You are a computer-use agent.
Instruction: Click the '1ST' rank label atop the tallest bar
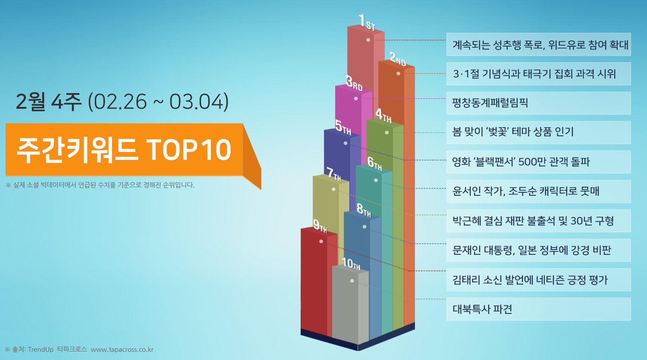tap(367, 22)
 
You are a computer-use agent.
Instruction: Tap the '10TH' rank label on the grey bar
tap(351, 263)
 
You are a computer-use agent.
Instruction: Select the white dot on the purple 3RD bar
tap(356, 98)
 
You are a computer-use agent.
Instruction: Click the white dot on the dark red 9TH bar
tap(321, 241)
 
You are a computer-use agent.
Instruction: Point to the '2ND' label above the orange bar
tap(398, 59)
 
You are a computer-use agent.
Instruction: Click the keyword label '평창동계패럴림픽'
tap(490, 103)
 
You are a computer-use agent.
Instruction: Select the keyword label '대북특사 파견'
tap(482, 309)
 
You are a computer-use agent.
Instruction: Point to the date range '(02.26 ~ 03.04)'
tap(158, 102)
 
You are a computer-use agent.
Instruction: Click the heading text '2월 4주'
tap(48, 102)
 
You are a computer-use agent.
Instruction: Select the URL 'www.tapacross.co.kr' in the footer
tap(122, 350)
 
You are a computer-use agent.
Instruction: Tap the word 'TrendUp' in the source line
tap(41, 350)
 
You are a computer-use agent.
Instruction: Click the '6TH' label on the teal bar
tap(375, 164)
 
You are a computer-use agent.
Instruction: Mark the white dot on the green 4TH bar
tap(387, 132)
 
